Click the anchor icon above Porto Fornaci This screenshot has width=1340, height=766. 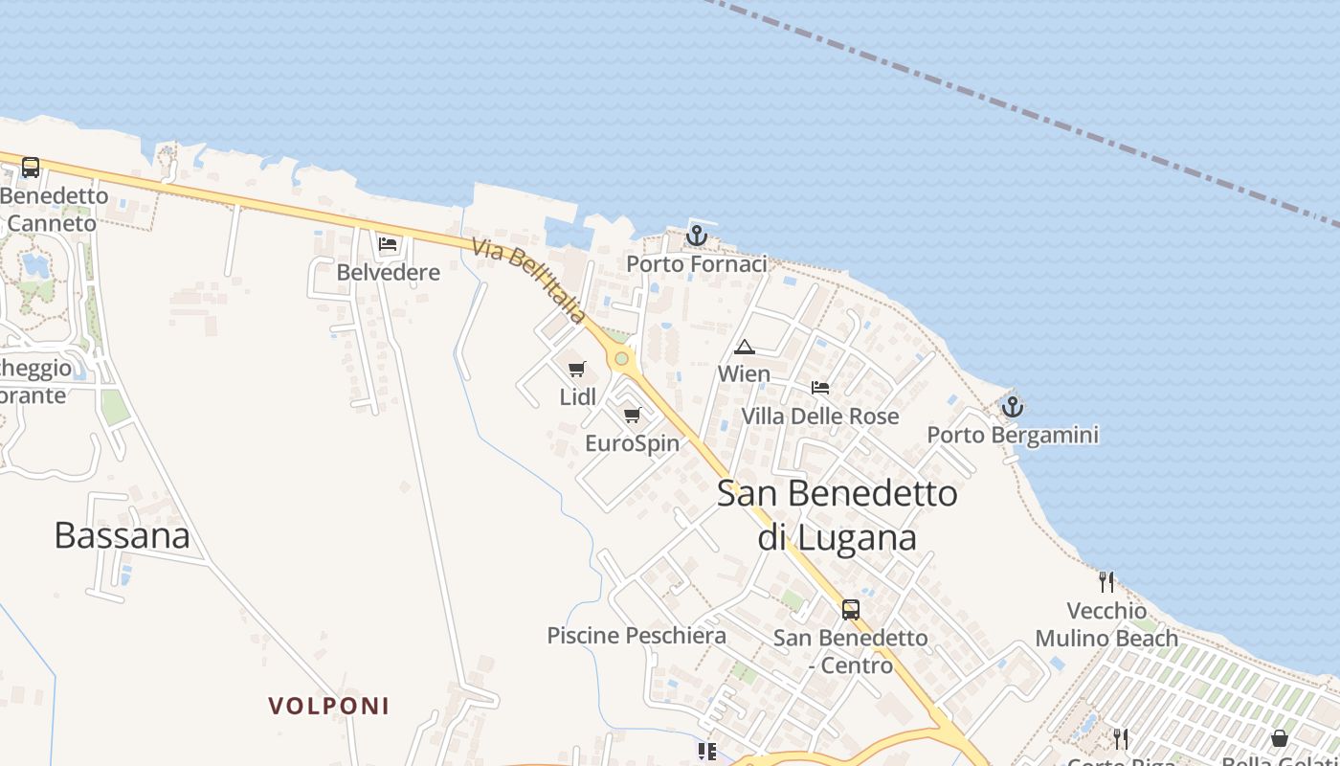[x=697, y=235]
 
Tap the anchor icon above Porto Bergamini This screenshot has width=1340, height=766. [x=1012, y=407]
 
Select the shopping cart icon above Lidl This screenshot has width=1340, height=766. [x=576, y=369]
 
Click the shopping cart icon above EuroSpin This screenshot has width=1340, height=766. [x=632, y=415]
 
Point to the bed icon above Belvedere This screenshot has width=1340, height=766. [x=388, y=243]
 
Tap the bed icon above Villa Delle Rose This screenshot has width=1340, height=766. [x=820, y=388]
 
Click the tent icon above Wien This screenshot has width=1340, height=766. [x=744, y=347]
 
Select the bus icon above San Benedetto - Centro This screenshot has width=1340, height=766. [x=850, y=609]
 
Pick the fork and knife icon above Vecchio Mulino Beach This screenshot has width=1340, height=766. [x=1106, y=581]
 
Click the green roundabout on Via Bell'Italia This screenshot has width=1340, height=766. [x=622, y=358]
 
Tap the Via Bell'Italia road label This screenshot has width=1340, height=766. [x=529, y=281]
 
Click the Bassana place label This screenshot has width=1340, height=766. [x=122, y=535]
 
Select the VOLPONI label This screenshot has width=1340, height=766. [x=328, y=707]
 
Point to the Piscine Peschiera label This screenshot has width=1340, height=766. [x=636, y=636]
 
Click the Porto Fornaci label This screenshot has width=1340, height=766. [x=697, y=264]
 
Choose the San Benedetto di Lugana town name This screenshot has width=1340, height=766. [x=837, y=515]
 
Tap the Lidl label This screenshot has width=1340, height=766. [x=577, y=396]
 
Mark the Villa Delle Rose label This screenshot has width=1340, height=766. [x=820, y=417]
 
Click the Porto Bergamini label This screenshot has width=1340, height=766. [x=1013, y=436]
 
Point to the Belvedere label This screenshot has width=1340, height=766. [x=388, y=272]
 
